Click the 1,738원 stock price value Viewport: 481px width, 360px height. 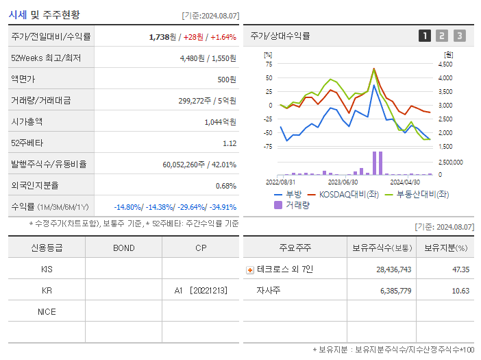pos(162,37)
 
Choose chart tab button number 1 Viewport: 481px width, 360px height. pos(425,36)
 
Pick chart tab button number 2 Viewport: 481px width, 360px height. pos(442,36)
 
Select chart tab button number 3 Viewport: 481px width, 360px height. pos(459,36)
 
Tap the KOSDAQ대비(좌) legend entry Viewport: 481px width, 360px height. pos(348,194)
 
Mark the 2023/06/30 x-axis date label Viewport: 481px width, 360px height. pos(343,182)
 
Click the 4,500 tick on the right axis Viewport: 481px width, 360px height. pos(445,64)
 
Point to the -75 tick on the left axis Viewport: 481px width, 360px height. pos(269,146)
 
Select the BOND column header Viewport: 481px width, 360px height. pos(123,248)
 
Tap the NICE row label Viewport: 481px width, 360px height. pos(47,312)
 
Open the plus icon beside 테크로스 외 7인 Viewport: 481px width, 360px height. pos(249,270)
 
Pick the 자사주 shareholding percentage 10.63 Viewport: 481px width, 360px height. pos(460,291)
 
